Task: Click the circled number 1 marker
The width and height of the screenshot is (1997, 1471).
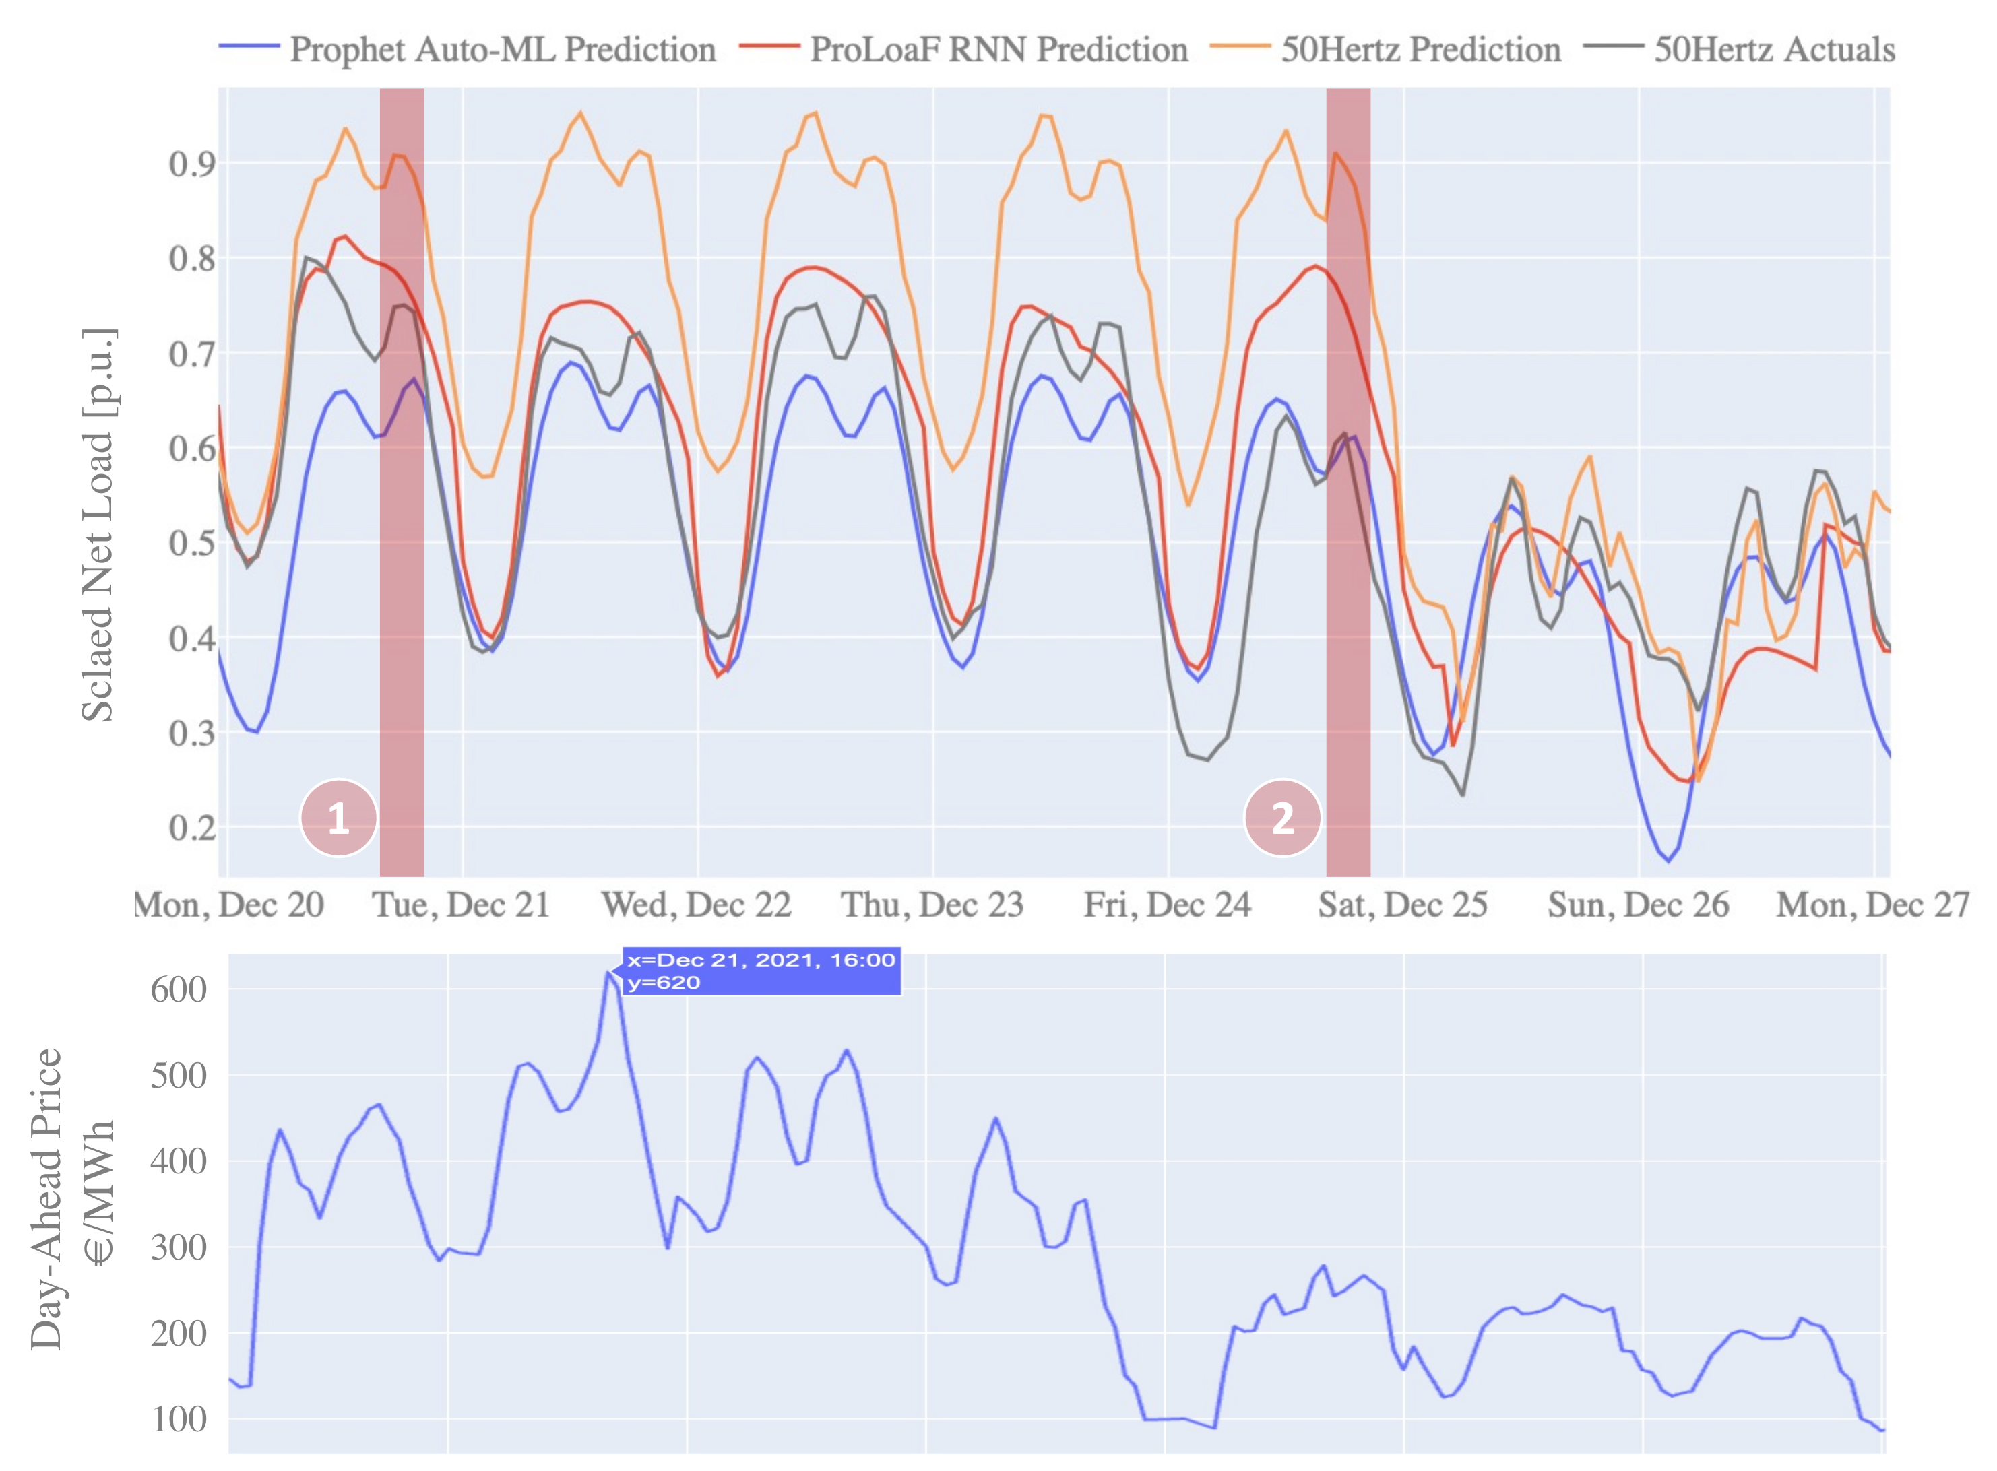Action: (338, 818)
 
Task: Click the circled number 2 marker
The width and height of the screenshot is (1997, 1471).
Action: (1281, 818)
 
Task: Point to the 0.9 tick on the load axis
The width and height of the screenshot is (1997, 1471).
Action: (191, 164)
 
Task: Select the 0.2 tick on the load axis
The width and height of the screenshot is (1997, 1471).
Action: (191, 827)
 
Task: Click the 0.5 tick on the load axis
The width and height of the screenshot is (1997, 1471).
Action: (191, 543)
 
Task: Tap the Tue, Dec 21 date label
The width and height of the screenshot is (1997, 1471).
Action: (462, 905)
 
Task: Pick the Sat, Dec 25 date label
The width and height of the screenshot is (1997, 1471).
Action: (1403, 905)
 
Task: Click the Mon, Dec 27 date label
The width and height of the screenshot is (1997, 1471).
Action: (1872, 905)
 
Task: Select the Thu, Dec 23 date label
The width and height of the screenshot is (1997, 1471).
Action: (932, 905)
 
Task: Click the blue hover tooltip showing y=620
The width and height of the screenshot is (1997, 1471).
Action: (761, 971)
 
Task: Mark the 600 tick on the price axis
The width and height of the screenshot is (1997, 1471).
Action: (178, 989)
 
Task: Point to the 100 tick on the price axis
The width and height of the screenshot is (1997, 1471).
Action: (178, 1419)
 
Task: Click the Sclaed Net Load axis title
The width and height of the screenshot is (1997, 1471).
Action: (98, 525)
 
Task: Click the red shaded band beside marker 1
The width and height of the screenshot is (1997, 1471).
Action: (402, 481)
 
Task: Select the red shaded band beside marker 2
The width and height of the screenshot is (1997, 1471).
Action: (1348, 481)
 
